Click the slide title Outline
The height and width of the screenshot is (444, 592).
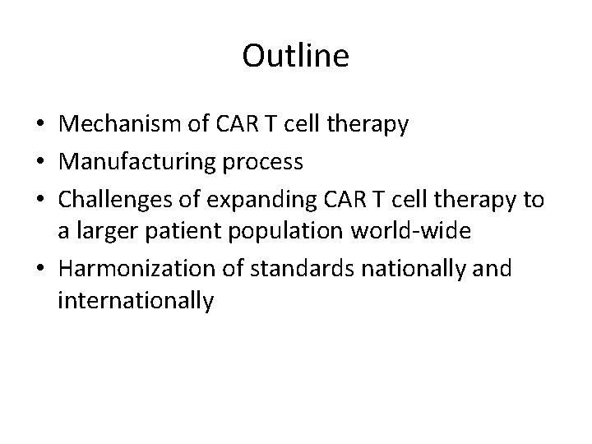point(296,57)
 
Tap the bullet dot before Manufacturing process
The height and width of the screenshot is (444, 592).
point(39,162)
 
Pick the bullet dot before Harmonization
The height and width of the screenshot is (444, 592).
point(39,268)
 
